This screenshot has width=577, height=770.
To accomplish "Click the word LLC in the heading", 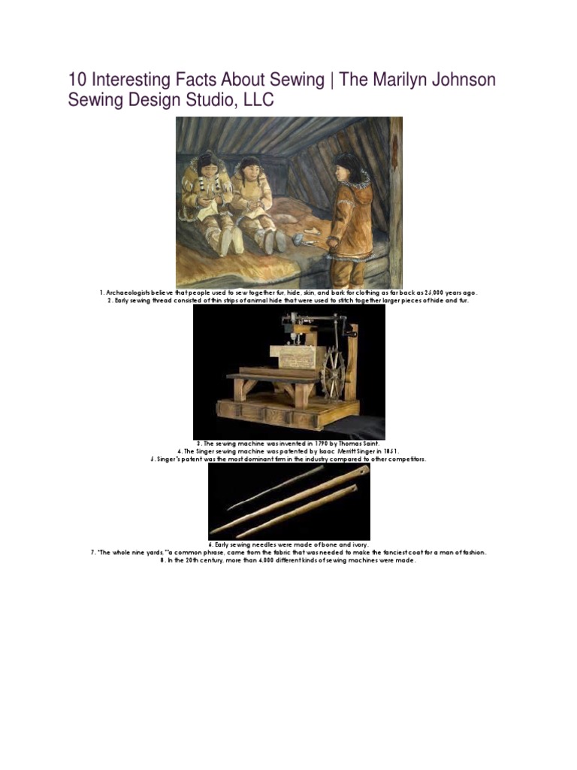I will [255, 100].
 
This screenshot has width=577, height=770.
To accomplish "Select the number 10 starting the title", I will [77, 80].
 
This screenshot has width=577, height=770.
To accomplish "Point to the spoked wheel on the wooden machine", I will [331, 375].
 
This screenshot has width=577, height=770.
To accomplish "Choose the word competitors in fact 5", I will [406, 459].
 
